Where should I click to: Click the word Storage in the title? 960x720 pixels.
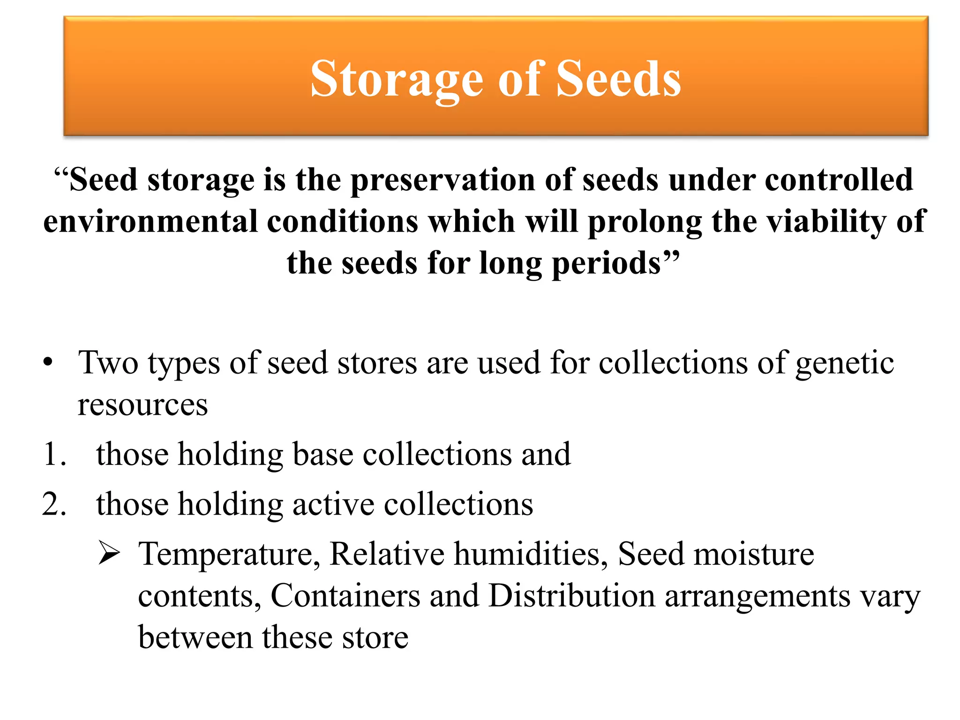tap(396, 80)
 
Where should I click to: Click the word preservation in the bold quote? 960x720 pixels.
tap(442, 180)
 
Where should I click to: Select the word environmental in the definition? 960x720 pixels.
tap(150, 221)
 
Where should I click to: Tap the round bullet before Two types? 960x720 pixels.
tap(47, 363)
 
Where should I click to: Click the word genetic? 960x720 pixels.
tap(845, 363)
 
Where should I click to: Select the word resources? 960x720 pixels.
tap(142, 405)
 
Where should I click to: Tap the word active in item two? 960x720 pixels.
tap(333, 504)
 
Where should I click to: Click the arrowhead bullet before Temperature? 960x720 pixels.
tap(109, 554)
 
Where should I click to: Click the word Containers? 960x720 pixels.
tap(345, 596)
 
